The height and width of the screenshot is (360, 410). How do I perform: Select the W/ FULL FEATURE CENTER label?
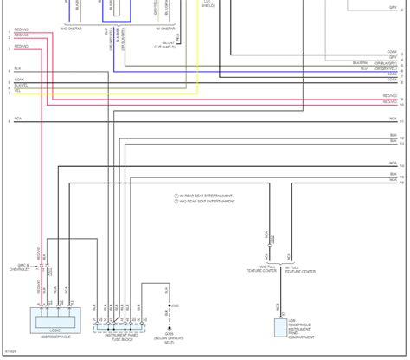point(300,270)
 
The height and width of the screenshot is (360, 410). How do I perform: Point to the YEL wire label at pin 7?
point(17,91)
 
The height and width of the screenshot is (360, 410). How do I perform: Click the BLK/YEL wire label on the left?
point(21,86)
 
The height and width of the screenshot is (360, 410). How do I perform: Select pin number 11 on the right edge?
point(402,122)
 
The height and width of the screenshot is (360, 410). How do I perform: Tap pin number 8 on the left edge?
point(9,122)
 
